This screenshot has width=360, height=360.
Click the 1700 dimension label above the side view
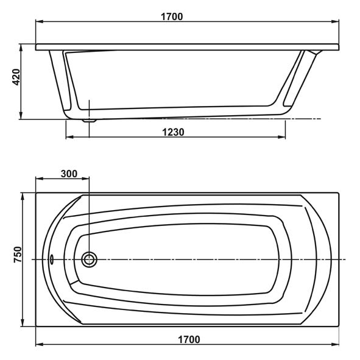point(172,17)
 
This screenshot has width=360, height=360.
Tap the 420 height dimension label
point(16,77)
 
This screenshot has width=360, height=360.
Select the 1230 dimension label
point(173,132)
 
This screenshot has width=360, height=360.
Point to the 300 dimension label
point(69,174)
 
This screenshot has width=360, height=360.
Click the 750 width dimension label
point(18,255)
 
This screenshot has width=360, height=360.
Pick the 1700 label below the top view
point(189,339)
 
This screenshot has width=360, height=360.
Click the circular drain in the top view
point(89,259)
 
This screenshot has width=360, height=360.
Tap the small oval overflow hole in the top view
point(51,259)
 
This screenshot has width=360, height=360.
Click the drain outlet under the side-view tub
point(90,121)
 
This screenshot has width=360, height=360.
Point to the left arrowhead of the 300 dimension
point(39,178)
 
